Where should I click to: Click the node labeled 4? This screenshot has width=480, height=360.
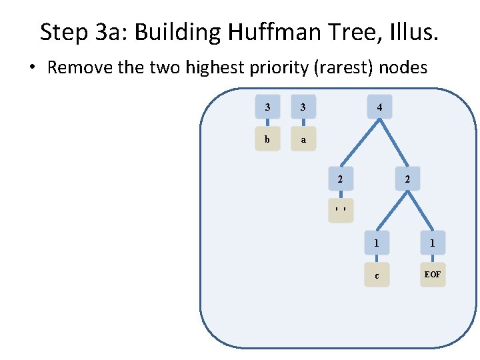379,107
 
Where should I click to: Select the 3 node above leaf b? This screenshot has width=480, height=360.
267,107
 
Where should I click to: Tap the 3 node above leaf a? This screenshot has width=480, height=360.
303,107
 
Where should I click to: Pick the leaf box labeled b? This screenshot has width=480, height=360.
267,139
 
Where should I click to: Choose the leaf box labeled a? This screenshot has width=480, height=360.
303,139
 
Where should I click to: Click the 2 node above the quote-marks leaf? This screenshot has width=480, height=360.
340,179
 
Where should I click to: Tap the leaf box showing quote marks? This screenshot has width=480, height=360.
340,210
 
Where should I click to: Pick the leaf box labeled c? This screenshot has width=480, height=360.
377,275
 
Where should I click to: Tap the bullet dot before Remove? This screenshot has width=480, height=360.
33,69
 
